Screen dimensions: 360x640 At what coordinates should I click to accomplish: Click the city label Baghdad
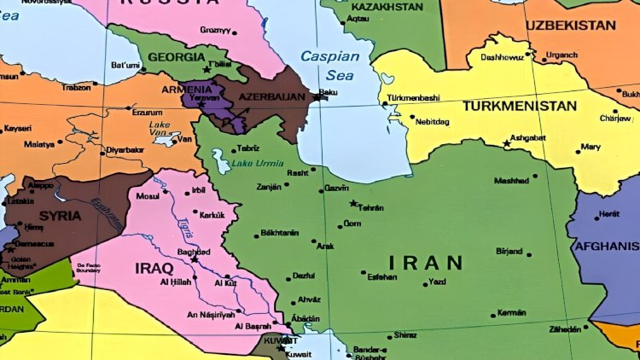(x=193, y=252)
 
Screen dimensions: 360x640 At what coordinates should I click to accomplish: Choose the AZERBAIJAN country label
(x=271, y=98)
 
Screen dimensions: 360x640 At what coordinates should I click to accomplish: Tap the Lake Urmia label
(x=255, y=162)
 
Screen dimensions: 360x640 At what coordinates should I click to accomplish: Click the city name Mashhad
(x=511, y=181)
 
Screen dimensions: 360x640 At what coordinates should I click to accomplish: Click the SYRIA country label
(x=59, y=216)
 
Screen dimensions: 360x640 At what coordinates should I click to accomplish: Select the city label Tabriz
(x=247, y=147)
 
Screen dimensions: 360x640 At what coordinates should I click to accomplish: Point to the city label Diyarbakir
(x=124, y=149)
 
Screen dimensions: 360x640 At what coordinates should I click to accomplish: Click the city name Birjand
(x=509, y=252)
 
